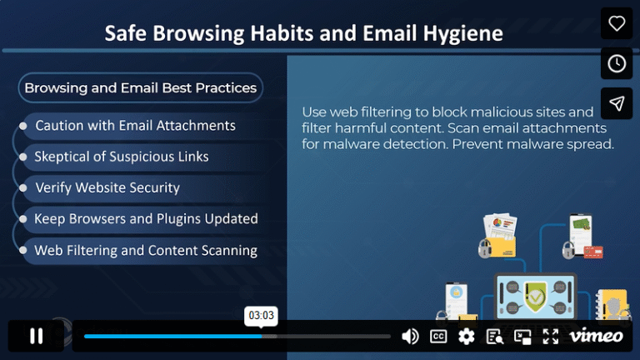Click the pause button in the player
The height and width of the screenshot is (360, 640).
(x=37, y=336)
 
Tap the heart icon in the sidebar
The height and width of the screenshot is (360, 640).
(x=617, y=23)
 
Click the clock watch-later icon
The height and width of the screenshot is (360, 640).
(x=617, y=63)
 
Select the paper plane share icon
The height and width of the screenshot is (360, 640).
(x=617, y=103)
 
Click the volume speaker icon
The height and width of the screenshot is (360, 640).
(x=410, y=336)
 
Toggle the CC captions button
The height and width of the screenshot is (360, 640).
(x=438, y=336)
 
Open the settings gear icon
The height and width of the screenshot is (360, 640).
(x=467, y=336)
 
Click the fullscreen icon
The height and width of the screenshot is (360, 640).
(x=551, y=336)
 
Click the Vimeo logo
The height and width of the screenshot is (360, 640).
(x=596, y=336)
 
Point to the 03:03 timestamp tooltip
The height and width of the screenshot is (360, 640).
(x=261, y=316)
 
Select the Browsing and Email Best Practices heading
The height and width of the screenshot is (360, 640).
(x=140, y=87)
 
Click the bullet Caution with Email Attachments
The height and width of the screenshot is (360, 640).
(x=135, y=126)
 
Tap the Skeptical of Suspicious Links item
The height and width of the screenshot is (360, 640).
(x=122, y=157)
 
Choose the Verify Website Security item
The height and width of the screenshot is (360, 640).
(x=107, y=187)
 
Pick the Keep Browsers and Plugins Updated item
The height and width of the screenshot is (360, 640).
(x=146, y=219)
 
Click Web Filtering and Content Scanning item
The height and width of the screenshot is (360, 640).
(x=146, y=250)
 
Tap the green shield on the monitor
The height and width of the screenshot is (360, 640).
(x=534, y=292)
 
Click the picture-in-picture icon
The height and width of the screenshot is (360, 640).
(x=522, y=336)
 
